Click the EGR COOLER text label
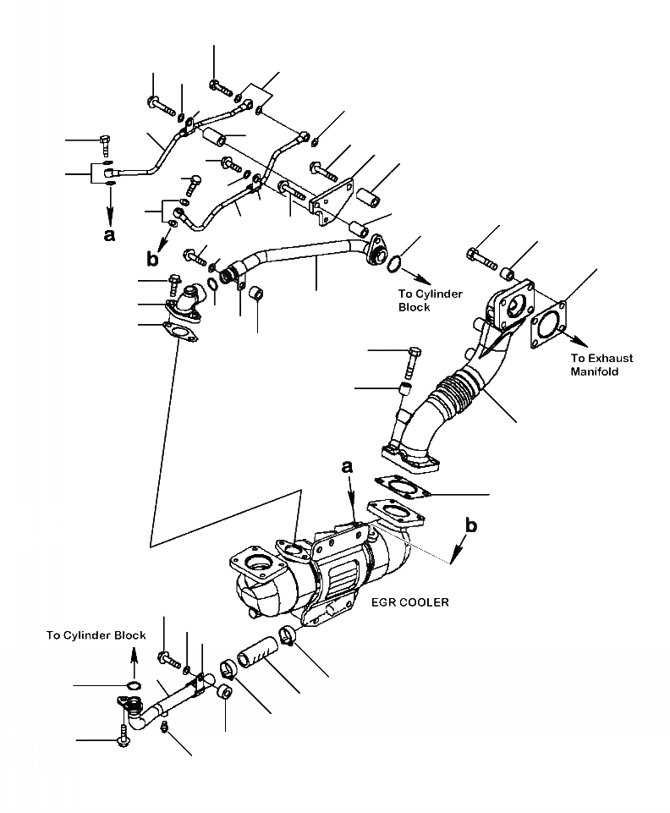coord(409,602)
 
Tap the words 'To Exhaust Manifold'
coord(601,365)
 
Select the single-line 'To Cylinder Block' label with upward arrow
coord(96,635)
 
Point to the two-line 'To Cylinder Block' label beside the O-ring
coord(431,300)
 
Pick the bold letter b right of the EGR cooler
coord(471,526)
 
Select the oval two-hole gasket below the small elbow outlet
coord(178,332)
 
